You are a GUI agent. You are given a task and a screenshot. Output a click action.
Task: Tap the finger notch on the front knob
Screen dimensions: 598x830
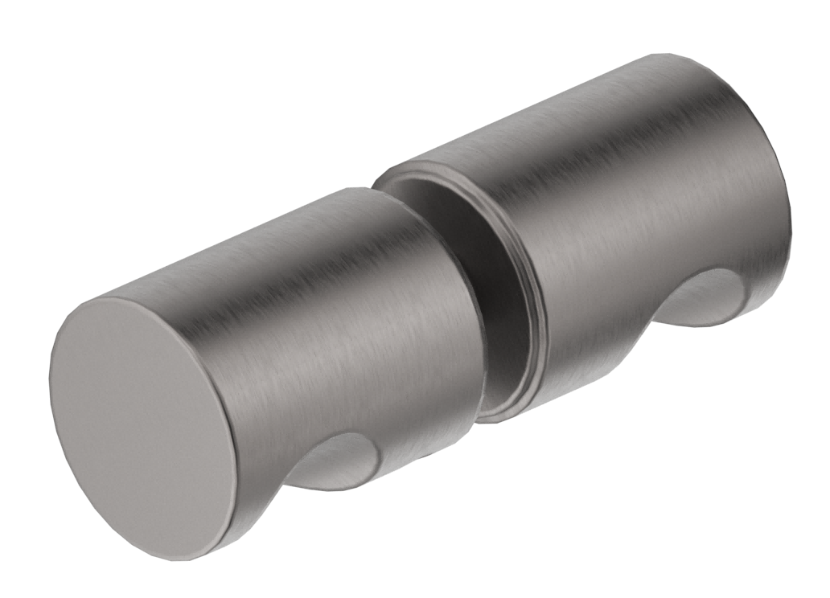(338, 463)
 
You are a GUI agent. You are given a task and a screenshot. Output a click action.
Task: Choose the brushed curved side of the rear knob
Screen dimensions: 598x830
(627, 201)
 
